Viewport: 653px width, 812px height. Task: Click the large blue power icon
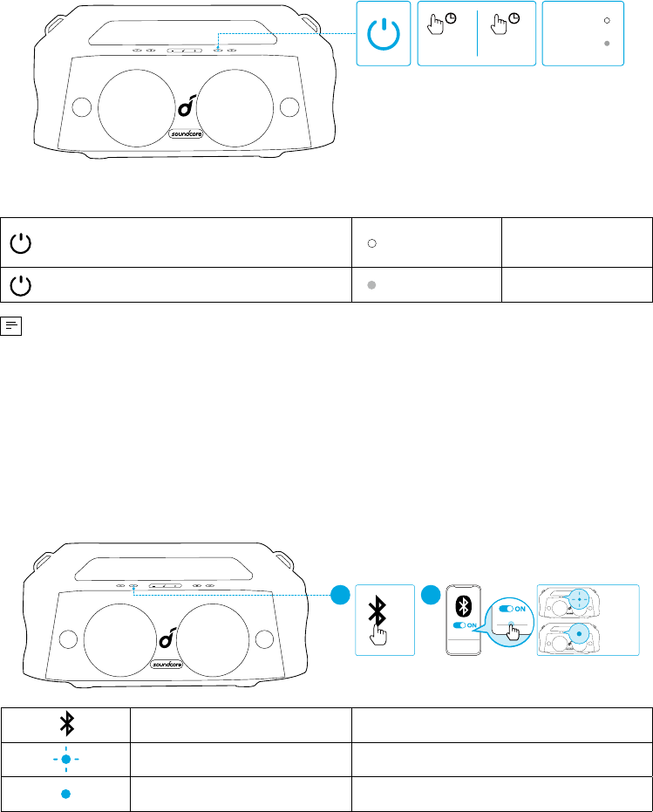tap(384, 34)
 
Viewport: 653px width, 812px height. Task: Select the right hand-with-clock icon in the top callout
tap(504, 24)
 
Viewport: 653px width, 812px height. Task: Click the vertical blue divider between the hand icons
tap(477, 33)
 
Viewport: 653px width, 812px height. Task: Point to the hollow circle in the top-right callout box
tap(607, 21)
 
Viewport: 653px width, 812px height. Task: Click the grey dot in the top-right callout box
tap(607, 44)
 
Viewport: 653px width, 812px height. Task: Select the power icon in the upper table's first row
tap(21, 242)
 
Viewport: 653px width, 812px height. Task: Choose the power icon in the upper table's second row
tap(21, 285)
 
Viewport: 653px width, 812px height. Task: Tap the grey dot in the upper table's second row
tap(371, 285)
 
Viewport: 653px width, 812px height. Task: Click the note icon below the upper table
tap(10, 326)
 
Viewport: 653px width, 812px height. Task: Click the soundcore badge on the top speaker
tap(186, 133)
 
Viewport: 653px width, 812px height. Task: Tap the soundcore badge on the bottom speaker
tap(167, 664)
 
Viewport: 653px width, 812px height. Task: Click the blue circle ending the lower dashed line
tap(340, 595)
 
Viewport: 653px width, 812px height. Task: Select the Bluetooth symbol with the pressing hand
tap(378, 620)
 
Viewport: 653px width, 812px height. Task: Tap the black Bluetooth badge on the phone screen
tap(463, 606)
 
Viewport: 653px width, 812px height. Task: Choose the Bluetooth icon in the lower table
tap(67, 723)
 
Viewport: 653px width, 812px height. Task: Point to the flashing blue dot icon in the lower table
tap(65, 759)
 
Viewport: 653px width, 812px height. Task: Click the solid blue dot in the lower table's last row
tap(65, 794)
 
